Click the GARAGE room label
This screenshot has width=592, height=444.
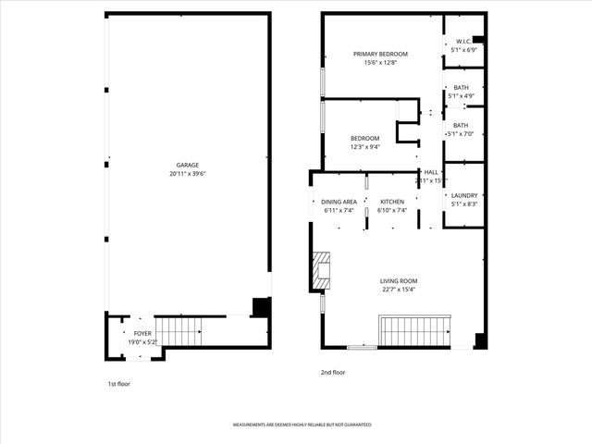(188, 165)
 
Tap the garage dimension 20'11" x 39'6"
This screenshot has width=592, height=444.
(188, 173)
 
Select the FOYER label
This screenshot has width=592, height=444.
(142, 333)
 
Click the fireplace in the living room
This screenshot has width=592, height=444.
(320, 269)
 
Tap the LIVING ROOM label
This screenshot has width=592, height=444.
(399, 281)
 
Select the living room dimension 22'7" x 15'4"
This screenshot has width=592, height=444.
(399, 290)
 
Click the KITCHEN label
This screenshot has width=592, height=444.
(392, 202)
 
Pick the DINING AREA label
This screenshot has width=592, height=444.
(339, 202)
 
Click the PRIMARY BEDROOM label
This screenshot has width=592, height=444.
(380, 55)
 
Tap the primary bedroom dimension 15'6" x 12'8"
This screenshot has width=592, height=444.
(380, 63)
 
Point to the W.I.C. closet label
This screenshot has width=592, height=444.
(463, 42)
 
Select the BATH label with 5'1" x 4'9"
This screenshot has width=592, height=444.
(461, 88)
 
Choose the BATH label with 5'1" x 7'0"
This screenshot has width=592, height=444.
(461, 125)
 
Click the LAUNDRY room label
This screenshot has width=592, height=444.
(463, 195)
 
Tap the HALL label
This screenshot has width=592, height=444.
(431, 172)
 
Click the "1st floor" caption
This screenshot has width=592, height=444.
(118, 382)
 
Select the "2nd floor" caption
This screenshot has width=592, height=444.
(333, 372)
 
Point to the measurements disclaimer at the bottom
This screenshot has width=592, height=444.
(302, 425)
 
